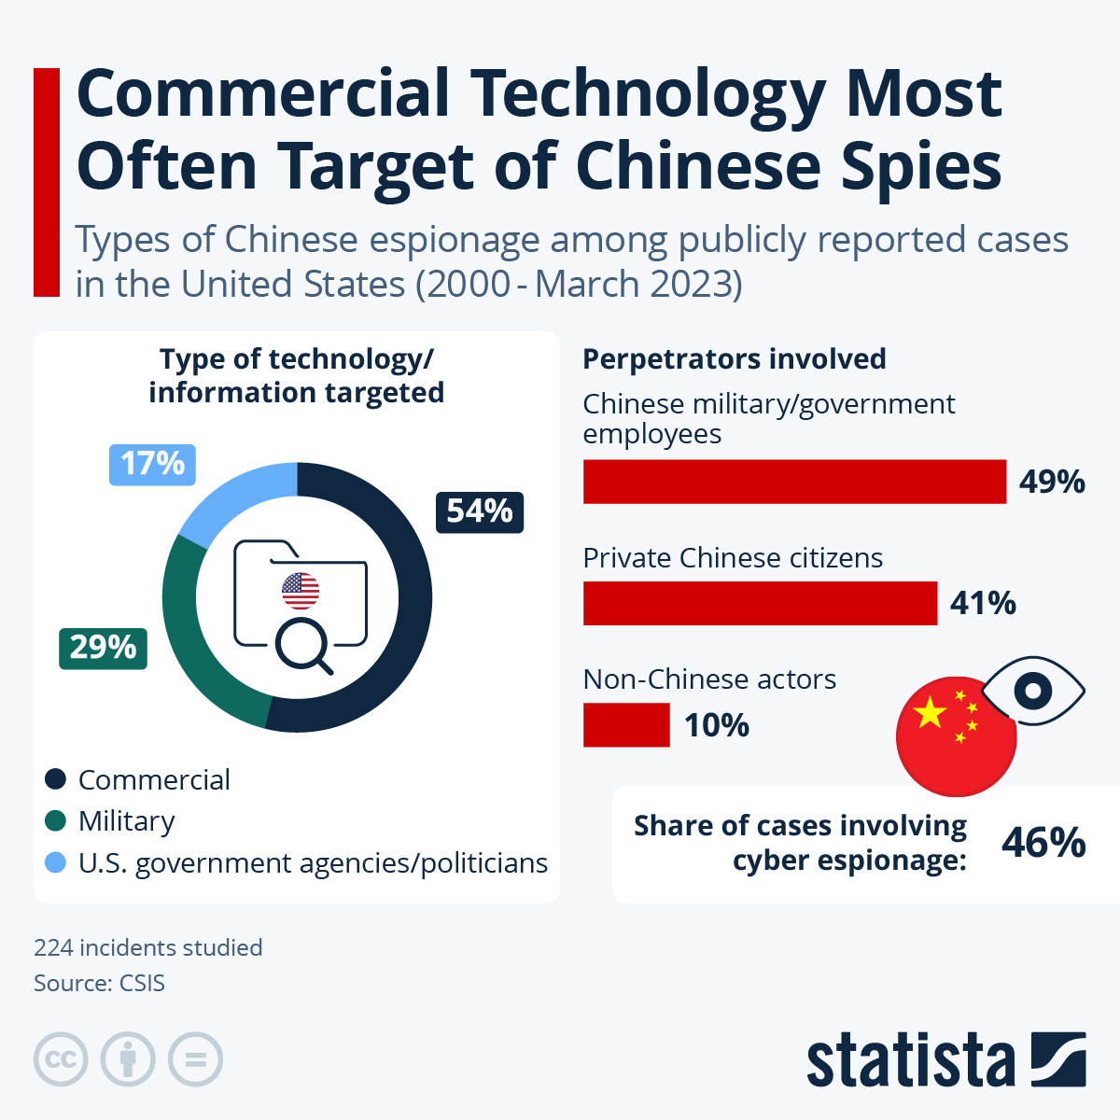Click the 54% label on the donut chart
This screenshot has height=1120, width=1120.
480,511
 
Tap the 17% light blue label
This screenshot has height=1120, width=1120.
152,464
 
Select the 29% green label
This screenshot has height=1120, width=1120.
103,648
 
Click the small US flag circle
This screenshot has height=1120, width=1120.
301,590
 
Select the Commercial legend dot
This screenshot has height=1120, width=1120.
56,779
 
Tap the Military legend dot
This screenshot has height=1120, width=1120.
56,821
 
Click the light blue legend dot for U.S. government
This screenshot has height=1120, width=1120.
56,862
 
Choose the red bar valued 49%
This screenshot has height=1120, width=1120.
794,482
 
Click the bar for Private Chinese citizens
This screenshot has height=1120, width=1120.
760,603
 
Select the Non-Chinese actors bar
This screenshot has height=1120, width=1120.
626,725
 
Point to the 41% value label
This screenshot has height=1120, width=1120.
983,604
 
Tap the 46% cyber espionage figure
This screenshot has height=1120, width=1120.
1043,843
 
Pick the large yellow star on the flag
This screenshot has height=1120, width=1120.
930,714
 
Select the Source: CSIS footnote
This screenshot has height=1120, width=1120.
99,983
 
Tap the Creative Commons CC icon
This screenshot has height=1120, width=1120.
61,1060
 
